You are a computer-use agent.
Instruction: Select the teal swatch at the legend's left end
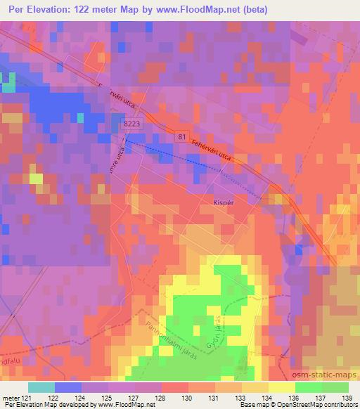pyautogui.click(x=41, y=387)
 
